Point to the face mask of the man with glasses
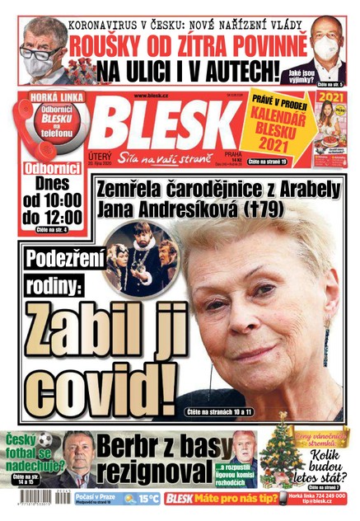[39, 62]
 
